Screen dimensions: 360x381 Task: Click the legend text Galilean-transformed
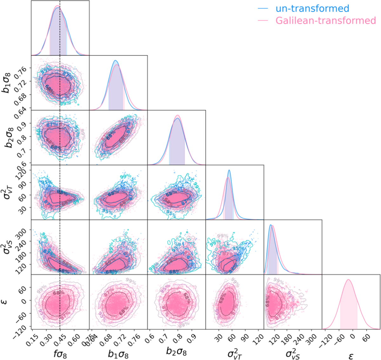pos(325,20)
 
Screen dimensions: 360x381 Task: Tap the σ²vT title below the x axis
pos(235,352)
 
